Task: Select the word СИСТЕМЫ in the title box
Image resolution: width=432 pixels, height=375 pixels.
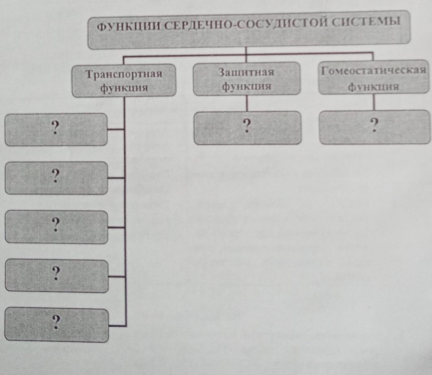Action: pyautogui.click(x=366, y=21)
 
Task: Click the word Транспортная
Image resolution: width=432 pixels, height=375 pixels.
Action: pyautogui.click(x=124, y=74)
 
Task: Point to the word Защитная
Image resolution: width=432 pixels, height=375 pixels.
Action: pyautogui.click(x=246, y=72)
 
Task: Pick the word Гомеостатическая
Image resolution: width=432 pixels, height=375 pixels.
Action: pyautogui.click(x=373, y=71)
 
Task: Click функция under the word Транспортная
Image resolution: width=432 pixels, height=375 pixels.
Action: pyautogui.click(x=124, y=88)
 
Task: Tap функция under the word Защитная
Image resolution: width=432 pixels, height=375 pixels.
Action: pyautogui.click(x=246, y=86)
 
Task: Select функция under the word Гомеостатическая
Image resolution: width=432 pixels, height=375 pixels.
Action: pyautogui.click(x=373, y=87)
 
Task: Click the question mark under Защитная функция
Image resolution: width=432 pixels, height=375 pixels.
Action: pyautogui.click(x=247, y=126)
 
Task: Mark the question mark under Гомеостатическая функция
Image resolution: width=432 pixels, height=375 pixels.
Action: pyautogui.click(x=374, y=125)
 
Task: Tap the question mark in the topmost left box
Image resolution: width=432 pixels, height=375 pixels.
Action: pyautogui.click(x=56, y=128)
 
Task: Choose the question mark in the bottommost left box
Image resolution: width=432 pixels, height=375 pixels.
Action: pyautogui.click(x=56, y=322)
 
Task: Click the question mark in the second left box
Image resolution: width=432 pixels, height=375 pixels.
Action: pyautogui.click(x=56, y=176)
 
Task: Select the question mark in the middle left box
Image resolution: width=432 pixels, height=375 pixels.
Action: pyautogui.click(x=56, y=225)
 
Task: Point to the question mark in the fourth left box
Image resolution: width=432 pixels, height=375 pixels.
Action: pyautogui.click(x=56, y=273)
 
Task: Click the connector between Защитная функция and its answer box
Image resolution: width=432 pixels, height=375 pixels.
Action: pyautogui.click(x=247, y=103)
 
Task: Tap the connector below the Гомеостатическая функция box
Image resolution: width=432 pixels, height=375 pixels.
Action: pyautogui.click(x=374, y=102)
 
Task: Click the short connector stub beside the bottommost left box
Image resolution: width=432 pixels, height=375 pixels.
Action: pyautogui.click(x=117, y=326)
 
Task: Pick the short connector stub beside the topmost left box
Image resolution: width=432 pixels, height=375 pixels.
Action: pyautogui.click(x=116, y=129)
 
